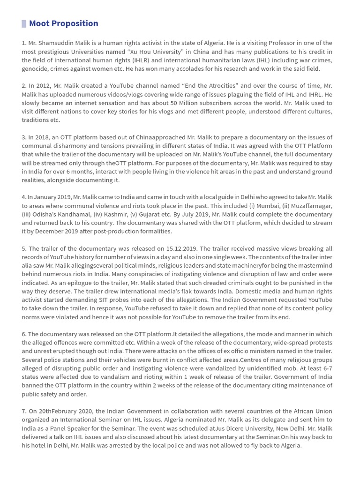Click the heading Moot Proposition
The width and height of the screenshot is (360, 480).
[63, 23]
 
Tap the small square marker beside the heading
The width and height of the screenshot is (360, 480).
[24, 23]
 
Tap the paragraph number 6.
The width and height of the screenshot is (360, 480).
[23, 334]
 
